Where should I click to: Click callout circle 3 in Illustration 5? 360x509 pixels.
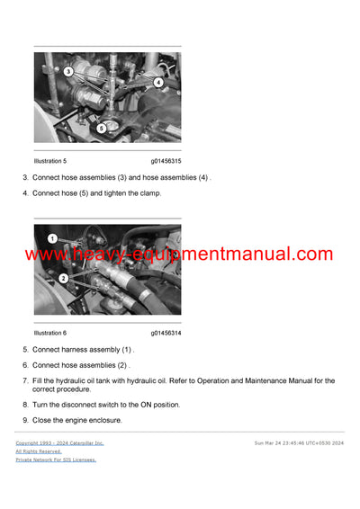(68, 71)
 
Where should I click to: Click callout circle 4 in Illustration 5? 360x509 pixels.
(158, 82)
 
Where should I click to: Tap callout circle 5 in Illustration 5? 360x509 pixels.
(101, 128)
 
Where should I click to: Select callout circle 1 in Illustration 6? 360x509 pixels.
(52, 238)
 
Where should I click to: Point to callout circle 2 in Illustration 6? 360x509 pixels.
(63, 279)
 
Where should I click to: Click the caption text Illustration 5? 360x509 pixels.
(50, 161)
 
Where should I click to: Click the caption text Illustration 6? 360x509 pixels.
(50, 333)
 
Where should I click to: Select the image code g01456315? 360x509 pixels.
(166, 161)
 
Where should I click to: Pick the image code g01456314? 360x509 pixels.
(166, 333)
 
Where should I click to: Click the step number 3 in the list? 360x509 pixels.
(25, 177)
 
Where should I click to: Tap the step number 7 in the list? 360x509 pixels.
(25, 381)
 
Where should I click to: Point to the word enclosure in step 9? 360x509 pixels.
(103, 420)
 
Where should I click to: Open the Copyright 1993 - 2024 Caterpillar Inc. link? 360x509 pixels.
(59, 443)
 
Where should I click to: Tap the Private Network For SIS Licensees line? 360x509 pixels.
(56, 460)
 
